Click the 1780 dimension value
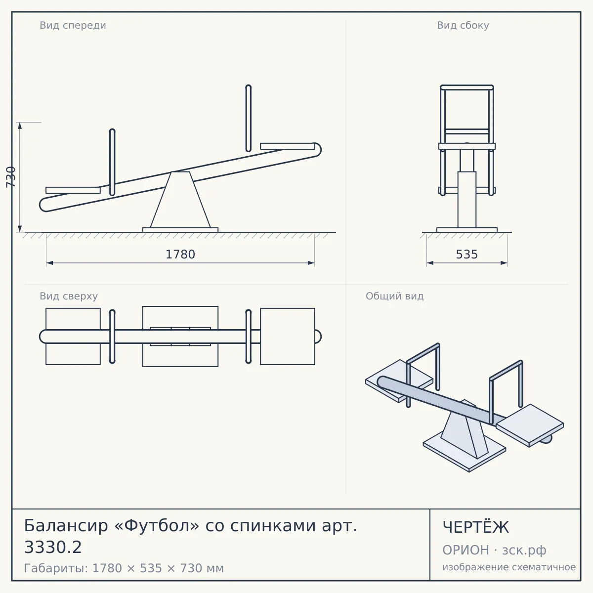[180, 254]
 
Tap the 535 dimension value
[467, 254]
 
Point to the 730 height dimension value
[11, 177]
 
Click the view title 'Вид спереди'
[73, 25]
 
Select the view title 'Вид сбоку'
[463, 25]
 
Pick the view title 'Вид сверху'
[69, 296]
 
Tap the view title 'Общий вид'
[394, 296]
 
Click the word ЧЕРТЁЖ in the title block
[476, 527]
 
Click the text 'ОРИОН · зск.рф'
[494, 550]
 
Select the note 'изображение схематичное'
[509, 567]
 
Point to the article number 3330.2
[53, 548]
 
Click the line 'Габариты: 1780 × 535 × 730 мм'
[124, 568]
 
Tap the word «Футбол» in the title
[157, 525]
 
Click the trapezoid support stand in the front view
[180, 200]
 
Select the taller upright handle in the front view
[249, 119]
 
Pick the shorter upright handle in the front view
[112, 162]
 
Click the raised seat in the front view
[288, 146]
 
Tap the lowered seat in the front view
[73, 190]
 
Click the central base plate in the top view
[180, 337]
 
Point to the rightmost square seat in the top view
[288, 337]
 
